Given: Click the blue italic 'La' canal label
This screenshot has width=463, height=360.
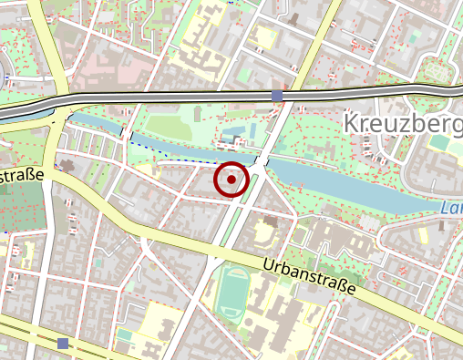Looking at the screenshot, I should pos(450,209).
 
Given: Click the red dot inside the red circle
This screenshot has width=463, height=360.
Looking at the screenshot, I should pos(231,180).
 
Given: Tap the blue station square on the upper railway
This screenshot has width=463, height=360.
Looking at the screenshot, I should pos(277,96).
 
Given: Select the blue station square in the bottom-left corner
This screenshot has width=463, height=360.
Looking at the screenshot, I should pos(62,343).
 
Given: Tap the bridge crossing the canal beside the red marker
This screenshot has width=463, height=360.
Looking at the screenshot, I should pos(261,162).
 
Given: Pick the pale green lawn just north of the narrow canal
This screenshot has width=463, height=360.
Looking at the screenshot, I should pos(169,127).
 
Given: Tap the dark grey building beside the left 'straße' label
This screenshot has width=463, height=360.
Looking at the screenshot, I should pos(67,168).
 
